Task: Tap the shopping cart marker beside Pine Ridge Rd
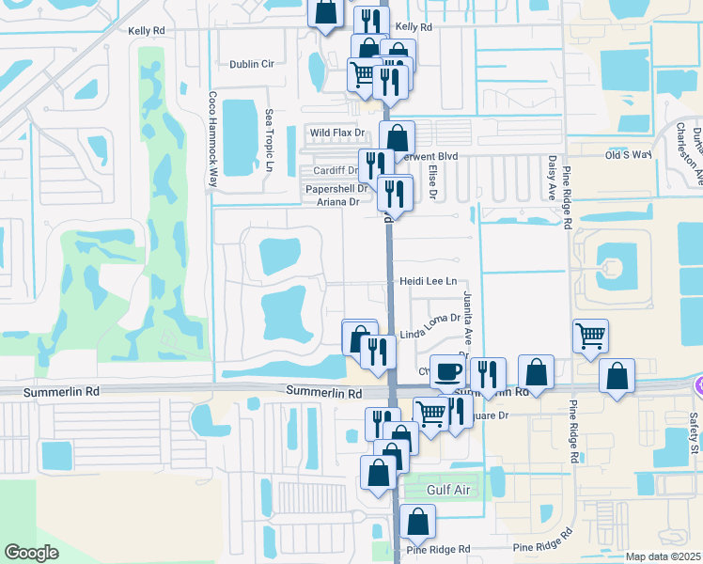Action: click(x=589, y=335)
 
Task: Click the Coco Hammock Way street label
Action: click(x=213, y=138)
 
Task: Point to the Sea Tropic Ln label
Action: click(x=269, y=138)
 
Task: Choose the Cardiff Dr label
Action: click(x=334, y=171)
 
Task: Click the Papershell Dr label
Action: click(x=335, y=188)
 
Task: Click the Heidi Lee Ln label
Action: click(x=428, y=281)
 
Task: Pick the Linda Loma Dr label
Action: click(x=430, y=333)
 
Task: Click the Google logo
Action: click(x=32, y=552)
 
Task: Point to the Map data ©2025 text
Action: click(x=663, y=556)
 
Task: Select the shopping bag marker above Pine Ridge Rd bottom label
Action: click(x=417, y=521)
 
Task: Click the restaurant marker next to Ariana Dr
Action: click(x=395, y=194)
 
